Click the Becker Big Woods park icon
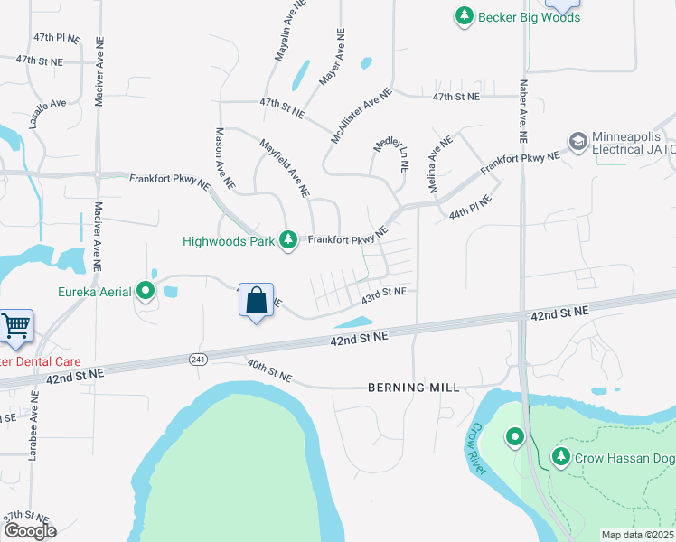click(x=464, y=15)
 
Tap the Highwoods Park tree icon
click(x=288, y=240)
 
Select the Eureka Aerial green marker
click(x=146, y=291)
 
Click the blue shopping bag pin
click(x=257, y=300)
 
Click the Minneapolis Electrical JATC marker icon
click(x=577, y=141)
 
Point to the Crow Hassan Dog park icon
click(x=561, y=457)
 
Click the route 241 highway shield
click(x=198, y=359)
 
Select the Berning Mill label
click(x=414, y=388)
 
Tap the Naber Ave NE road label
click(x=522, y=111)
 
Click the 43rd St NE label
click(x=384, y=294)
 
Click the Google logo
click(x=29, y=531)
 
